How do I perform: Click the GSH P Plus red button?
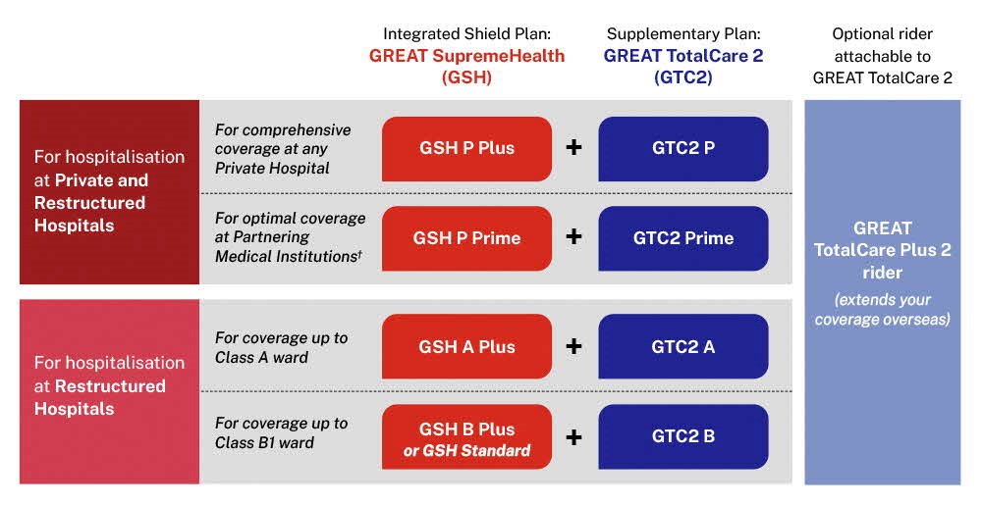466,148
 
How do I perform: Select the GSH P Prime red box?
466,238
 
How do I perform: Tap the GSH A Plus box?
466,346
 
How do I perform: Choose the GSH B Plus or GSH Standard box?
466,438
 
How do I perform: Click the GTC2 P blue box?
682,148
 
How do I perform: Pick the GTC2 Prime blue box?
682,238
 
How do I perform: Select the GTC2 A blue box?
682,346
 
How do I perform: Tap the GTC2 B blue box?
682,437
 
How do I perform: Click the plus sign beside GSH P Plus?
574,148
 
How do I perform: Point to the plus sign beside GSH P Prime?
574,237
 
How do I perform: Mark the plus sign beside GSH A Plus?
574,346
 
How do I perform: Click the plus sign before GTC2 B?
574,437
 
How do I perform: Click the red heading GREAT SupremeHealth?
466,56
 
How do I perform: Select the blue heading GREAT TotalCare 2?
682,56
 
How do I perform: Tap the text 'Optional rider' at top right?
882,34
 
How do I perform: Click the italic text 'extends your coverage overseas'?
882,309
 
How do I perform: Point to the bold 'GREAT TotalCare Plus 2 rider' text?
882,250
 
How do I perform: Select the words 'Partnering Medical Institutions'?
286,247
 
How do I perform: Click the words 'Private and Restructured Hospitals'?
91,203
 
